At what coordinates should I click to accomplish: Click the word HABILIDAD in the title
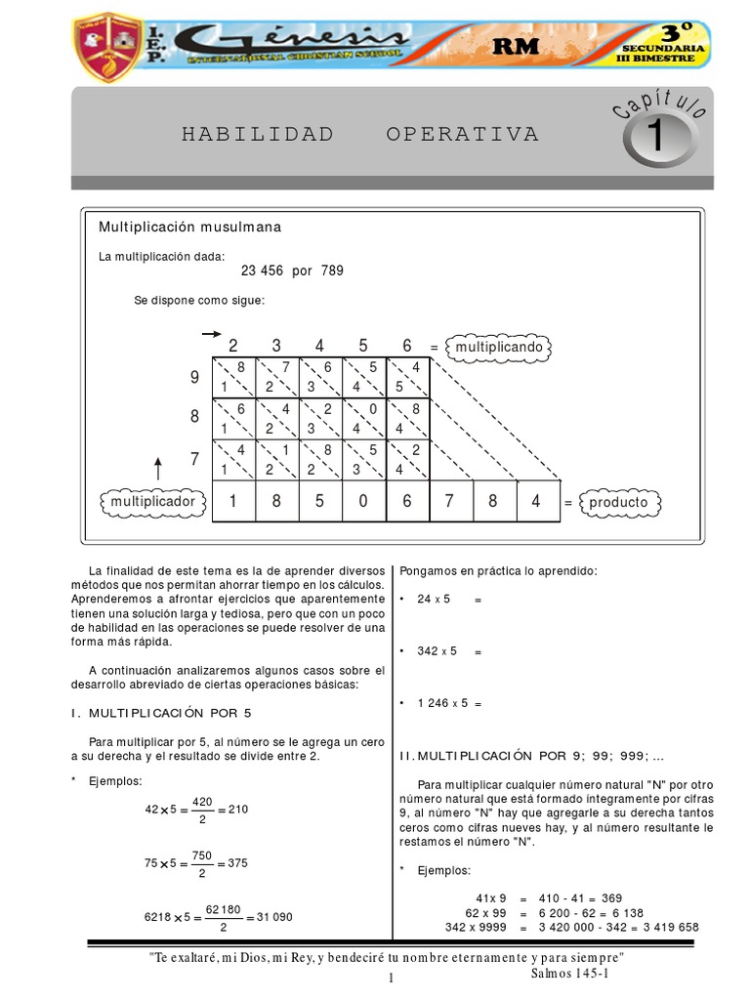point(258,134)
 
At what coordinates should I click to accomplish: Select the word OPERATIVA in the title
point(462,134)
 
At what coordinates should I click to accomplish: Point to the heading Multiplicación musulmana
point(189,227)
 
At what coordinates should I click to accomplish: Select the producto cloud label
point(618,502)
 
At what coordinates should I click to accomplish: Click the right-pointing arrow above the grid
point(210,334)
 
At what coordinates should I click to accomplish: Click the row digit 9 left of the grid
point(193,376)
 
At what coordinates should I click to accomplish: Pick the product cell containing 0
point(364,501)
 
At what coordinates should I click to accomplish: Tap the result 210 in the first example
point(237,810)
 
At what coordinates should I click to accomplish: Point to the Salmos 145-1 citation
point(570,973)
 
